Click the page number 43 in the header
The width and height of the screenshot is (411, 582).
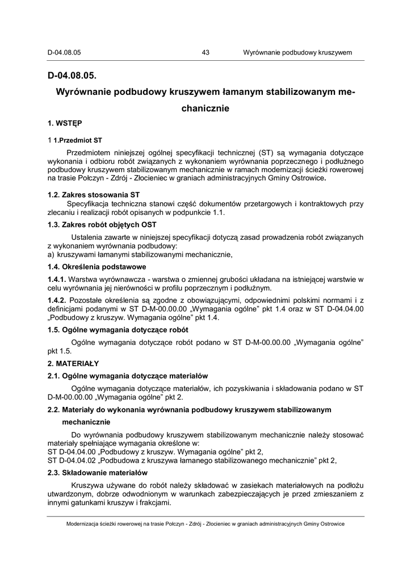205,52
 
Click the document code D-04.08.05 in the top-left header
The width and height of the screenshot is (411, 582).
64,52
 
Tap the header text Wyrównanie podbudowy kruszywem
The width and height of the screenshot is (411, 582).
297,52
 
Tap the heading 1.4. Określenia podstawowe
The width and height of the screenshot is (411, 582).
97,267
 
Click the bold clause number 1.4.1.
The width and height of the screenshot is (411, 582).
57,279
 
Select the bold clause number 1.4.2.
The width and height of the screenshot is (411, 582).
57,300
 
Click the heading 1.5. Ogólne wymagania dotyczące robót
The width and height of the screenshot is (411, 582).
118,330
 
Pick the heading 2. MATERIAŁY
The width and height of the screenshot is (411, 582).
73,363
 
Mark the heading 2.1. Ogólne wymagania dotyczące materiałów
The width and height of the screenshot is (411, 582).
128,376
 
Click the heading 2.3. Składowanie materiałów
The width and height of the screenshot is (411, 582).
98,473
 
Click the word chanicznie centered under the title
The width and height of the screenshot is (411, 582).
205,108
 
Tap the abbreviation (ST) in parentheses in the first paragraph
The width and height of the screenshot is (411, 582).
266,152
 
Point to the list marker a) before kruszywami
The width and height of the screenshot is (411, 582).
51,255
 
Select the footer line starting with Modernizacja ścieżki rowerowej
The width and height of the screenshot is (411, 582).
205,524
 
